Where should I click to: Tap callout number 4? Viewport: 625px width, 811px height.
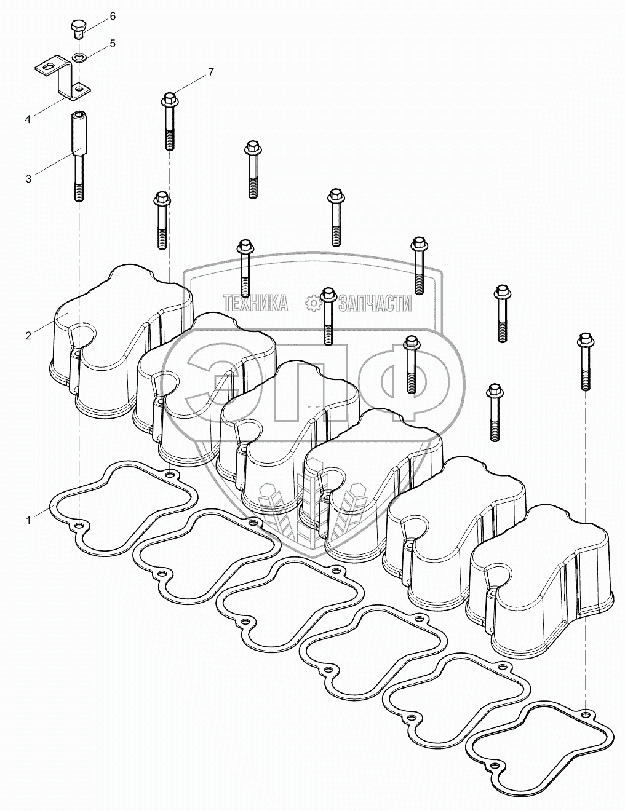[x=28, y=119]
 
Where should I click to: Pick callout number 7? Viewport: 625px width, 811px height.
[x=210, y=73]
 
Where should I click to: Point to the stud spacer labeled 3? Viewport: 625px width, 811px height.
[x=78, y=154]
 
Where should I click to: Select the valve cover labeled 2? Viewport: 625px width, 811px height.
[x=117, y=344]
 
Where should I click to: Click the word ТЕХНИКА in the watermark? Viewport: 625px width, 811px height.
[x=255, y=303]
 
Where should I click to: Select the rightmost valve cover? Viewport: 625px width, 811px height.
[x=541, y=584]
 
